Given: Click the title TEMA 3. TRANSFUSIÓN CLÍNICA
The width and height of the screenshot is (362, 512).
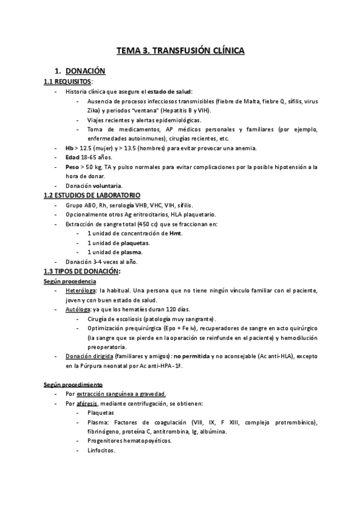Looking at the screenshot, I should coord(180,51).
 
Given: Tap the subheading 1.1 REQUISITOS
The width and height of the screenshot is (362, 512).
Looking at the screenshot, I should coord(68,82).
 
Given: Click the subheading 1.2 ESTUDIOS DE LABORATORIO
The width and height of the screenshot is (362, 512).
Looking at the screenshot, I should coord(92,196).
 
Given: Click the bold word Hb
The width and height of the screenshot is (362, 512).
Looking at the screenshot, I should coord(71,148).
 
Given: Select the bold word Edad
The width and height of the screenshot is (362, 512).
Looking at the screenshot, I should coord(73,157).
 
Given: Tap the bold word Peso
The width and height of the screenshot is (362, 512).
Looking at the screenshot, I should coord(73,167).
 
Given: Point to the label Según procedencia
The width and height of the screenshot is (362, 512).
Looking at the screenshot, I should coord(69,281).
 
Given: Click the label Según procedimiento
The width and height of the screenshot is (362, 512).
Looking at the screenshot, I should coord(73,384).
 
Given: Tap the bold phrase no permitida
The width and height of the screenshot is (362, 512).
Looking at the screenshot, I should coord(194,356).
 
